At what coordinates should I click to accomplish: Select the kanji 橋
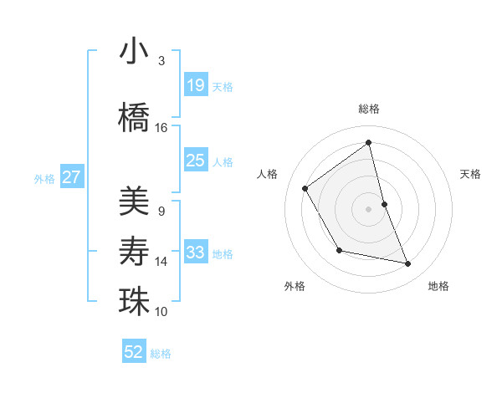tap(135, 116)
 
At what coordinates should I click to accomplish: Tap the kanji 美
tap(135, 200)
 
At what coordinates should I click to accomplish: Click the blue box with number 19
tap(196, 85)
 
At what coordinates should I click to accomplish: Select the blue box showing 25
tap(196, 161)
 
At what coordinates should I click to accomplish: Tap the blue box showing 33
tap(196, 253)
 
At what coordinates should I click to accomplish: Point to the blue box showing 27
tap(72, 177)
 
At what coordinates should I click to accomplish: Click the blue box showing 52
tap(134, 352)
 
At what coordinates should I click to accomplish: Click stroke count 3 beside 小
tap(161, 60)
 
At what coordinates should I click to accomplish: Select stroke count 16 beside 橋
tap(161, 127)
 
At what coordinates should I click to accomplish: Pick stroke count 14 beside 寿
tap(161, 262)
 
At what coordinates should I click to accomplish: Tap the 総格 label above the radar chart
tap(369, 109)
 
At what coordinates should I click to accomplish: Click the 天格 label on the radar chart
tap(470, 174)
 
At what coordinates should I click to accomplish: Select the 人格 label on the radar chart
tap(268, 174)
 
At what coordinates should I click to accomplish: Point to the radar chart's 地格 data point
tap(408, 264)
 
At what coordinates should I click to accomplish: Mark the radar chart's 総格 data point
tap(369, 143)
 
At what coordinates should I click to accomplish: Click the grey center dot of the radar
tap(369, 208)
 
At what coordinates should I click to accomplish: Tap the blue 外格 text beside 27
tap(44, 178)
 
